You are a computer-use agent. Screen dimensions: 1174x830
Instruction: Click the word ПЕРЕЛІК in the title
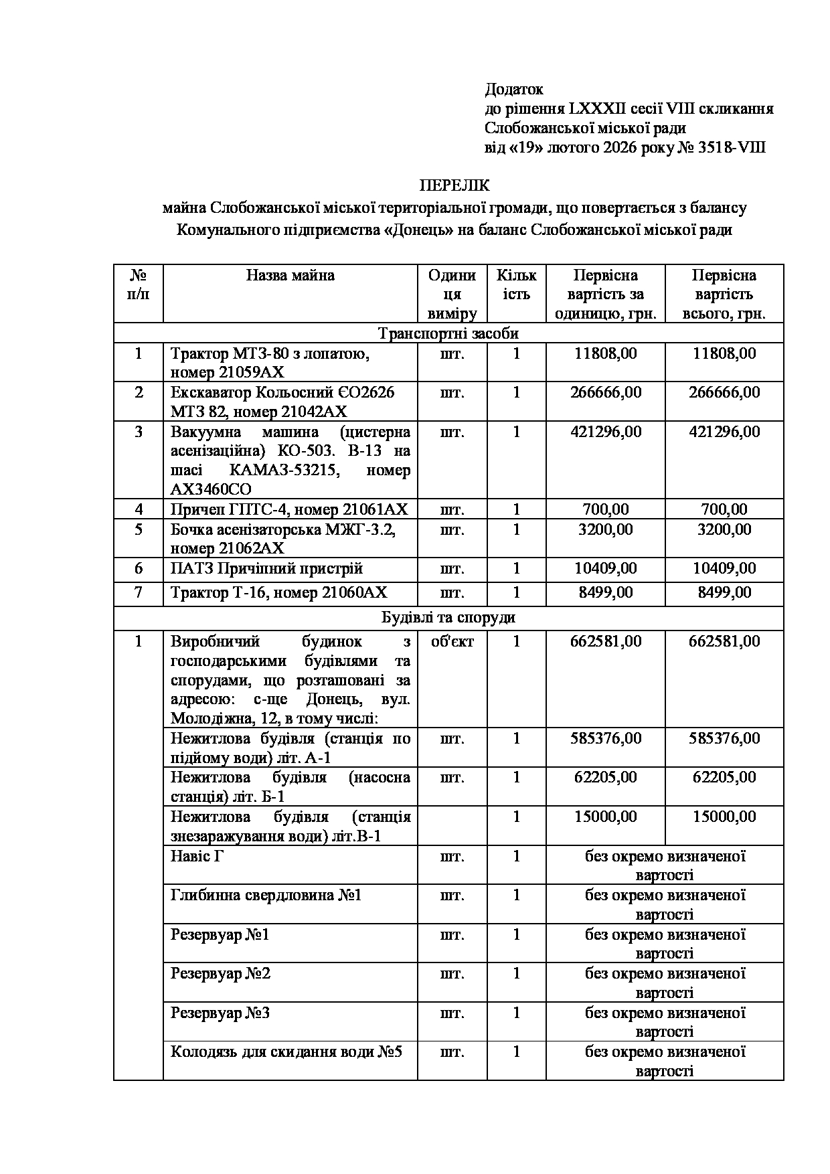pyautogui.click(x=454, y=186)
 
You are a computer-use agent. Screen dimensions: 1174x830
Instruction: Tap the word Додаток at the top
pyautogui.click(x=513, y=89)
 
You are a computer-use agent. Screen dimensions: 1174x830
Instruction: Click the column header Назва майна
pyautogui.click(x=290, y=275)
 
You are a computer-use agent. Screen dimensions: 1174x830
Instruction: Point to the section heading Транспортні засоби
pyautogui.click(x=448, y=333)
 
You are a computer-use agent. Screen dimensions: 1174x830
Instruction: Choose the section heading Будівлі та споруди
pyautogui.click(x=448, y=617)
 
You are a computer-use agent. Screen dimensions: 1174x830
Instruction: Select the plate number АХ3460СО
pyautogui.click(x=211, y=489)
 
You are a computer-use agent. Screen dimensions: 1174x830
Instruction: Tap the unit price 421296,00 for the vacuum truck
pyautogui.click(x=605, y=432)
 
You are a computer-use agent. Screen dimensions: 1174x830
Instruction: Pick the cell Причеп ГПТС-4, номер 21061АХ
pyautogui.click(x=288, y=509)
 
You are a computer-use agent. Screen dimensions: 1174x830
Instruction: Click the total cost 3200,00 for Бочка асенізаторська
pyautogui.click(x=724, y=529)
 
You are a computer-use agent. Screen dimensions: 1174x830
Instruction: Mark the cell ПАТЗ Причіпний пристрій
pyautogui.click(x=266, y=569)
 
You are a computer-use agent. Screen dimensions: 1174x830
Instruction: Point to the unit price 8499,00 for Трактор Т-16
pyautogui.click(x=605, y=592)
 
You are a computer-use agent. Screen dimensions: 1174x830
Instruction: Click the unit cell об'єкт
pyautogui.click(x=452, y=641)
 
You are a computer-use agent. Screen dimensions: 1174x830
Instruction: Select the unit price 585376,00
pyautogui.click(x=605, y=738)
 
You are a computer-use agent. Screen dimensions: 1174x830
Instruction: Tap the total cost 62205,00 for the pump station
pyautogui.click(x=724, y=777)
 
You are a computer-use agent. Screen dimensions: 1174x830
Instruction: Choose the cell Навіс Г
pyautogui.click(x=196, y=856)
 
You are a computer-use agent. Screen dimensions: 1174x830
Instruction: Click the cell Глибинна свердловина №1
pyautogui.click(x=266, y=895)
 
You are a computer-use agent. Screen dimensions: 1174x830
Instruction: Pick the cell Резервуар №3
pyautogui.click(x=220, y=1013)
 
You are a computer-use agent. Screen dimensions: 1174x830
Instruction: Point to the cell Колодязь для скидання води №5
pyautogui.click(x=286, y=1052)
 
